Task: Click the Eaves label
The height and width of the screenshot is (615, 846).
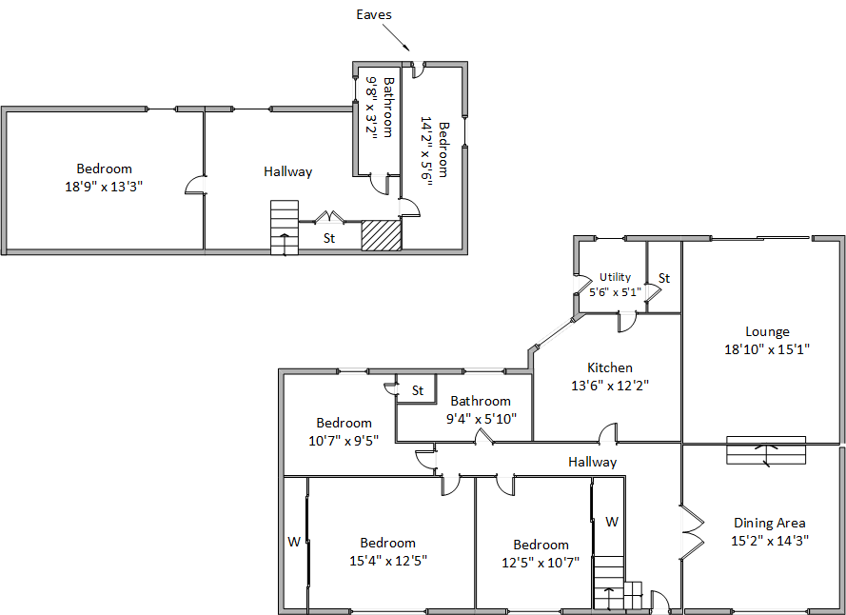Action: point(373,14)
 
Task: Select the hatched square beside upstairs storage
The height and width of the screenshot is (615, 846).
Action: point(382,235)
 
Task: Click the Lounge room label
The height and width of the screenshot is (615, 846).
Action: point(767,331)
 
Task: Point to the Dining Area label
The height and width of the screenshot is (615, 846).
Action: point(769,523)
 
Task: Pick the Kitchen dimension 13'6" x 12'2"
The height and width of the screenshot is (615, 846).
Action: point(610,386)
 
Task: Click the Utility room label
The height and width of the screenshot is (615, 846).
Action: point(615,277)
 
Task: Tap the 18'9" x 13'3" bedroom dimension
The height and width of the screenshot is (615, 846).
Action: point(104,187)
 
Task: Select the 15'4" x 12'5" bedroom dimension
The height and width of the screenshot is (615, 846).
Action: point(388,561)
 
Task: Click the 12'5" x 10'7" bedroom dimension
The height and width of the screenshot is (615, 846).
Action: point(541,563)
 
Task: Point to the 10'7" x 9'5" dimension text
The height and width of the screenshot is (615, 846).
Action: point(344,441)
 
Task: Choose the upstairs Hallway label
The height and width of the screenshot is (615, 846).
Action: point(288,171)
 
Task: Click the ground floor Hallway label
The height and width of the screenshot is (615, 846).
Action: point(593,462)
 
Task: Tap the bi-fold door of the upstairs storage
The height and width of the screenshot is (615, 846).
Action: point(329,217)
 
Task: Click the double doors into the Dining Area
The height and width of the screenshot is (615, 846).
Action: point(692,532)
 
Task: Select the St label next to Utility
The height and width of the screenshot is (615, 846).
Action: point(664,278)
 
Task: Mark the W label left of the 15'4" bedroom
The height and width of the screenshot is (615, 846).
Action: point(294,542)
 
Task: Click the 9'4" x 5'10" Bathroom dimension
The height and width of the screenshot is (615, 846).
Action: point(482,419)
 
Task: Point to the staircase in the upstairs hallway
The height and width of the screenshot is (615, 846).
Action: point(285,228)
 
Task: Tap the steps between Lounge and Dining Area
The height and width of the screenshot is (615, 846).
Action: point(766,450)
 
